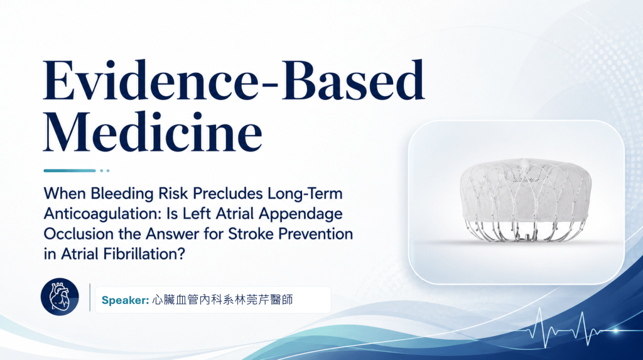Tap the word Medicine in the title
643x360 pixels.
pos(153,132)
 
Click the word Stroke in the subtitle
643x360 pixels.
pos(251,234)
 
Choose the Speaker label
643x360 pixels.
pos(125,300)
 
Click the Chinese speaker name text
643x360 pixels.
pos(222,300)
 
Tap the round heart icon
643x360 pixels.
pos(60,297)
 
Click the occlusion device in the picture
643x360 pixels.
pos(526,200)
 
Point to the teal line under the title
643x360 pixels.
pos(70,170)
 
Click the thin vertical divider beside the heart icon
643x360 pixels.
pos(90,297)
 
